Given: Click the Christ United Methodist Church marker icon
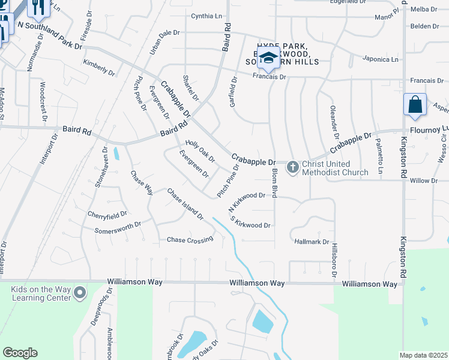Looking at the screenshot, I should [292, 167].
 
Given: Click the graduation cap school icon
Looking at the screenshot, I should [269, 59].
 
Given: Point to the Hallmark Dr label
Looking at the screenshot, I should [312, 242].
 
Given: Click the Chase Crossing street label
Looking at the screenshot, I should [190, 240].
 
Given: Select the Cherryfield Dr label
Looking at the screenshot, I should [107, 214].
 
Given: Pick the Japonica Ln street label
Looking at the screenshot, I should [380, 59].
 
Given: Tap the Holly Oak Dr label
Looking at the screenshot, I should [200, 151].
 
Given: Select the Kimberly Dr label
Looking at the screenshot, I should [99, 67].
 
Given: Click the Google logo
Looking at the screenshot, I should [20, 353].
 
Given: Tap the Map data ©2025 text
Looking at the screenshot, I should [423, 355].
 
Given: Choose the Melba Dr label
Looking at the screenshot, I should [424, 9].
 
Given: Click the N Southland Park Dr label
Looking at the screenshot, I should [49, 35].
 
